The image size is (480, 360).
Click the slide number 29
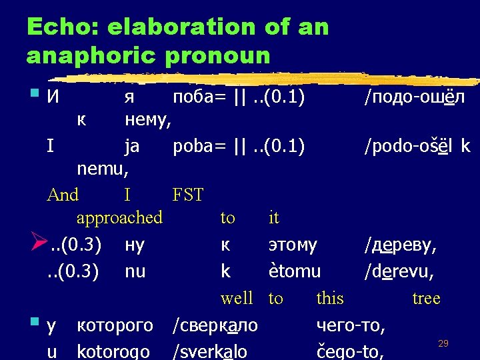click(443, 343)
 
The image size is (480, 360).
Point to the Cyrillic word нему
click(149, 120)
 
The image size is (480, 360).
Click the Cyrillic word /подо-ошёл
click(414, 97)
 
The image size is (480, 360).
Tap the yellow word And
click(63, 195)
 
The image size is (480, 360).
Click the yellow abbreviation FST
click(187, 195)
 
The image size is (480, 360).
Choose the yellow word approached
click(119, 217)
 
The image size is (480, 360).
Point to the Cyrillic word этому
click(293, 245)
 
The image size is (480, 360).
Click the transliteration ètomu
click(294, 271)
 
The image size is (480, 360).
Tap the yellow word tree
click(426, 297)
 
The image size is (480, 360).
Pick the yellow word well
click(237, 297)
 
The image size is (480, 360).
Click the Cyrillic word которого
click(115, 326)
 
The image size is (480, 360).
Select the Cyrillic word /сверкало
click(215, 326)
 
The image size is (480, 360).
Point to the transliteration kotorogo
click(115, 351)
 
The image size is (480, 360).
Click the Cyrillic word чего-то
click(351, 326)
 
